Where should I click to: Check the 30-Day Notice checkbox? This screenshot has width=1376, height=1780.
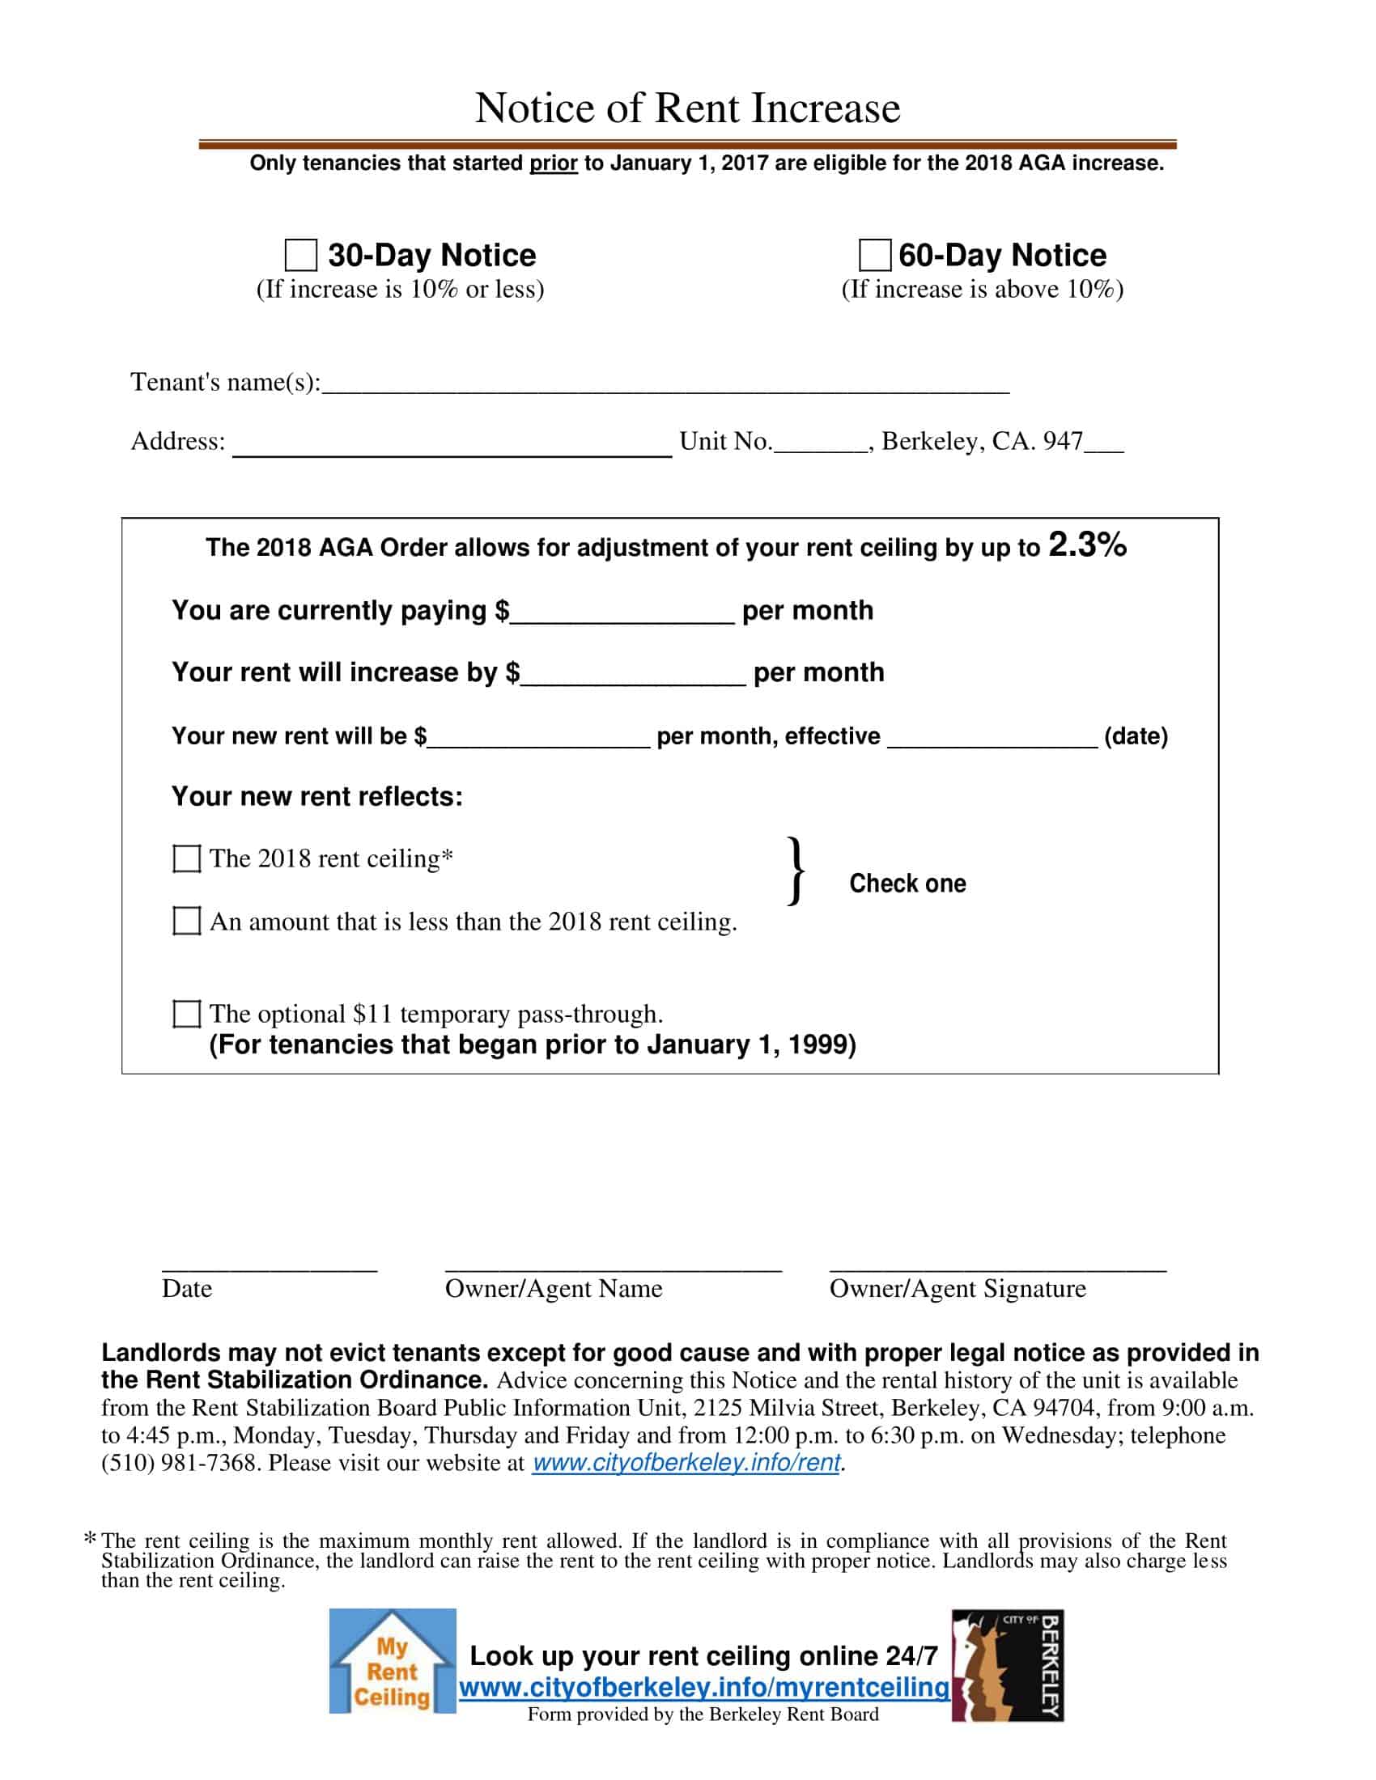click(x=301, y=255)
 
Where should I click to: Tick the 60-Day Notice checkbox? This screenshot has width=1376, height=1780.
click(x=875, y=255)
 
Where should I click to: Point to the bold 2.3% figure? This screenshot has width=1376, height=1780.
click(x=1086, y=545)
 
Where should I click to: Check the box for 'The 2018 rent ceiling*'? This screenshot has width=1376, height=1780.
click(x=187, y=858)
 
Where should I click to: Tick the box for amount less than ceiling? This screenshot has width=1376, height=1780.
click(x=187, y=921)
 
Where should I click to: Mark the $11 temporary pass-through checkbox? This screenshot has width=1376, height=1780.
click(x=187, y=1014)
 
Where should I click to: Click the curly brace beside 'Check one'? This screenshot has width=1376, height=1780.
click(x=796, y=871)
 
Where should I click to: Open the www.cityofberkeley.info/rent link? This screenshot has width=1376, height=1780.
click(x=686, y=1463)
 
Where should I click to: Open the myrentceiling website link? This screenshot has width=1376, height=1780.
click(x=703, y=1687)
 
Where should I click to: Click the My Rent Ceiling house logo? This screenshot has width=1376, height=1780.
click(x=392, y=1662)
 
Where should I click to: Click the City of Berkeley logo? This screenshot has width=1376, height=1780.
click(x=1008, y=1665)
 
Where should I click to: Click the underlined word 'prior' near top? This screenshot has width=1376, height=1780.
click(x=554, y=163)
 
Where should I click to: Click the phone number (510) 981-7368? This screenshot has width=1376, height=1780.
click(x=179, y=1463)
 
